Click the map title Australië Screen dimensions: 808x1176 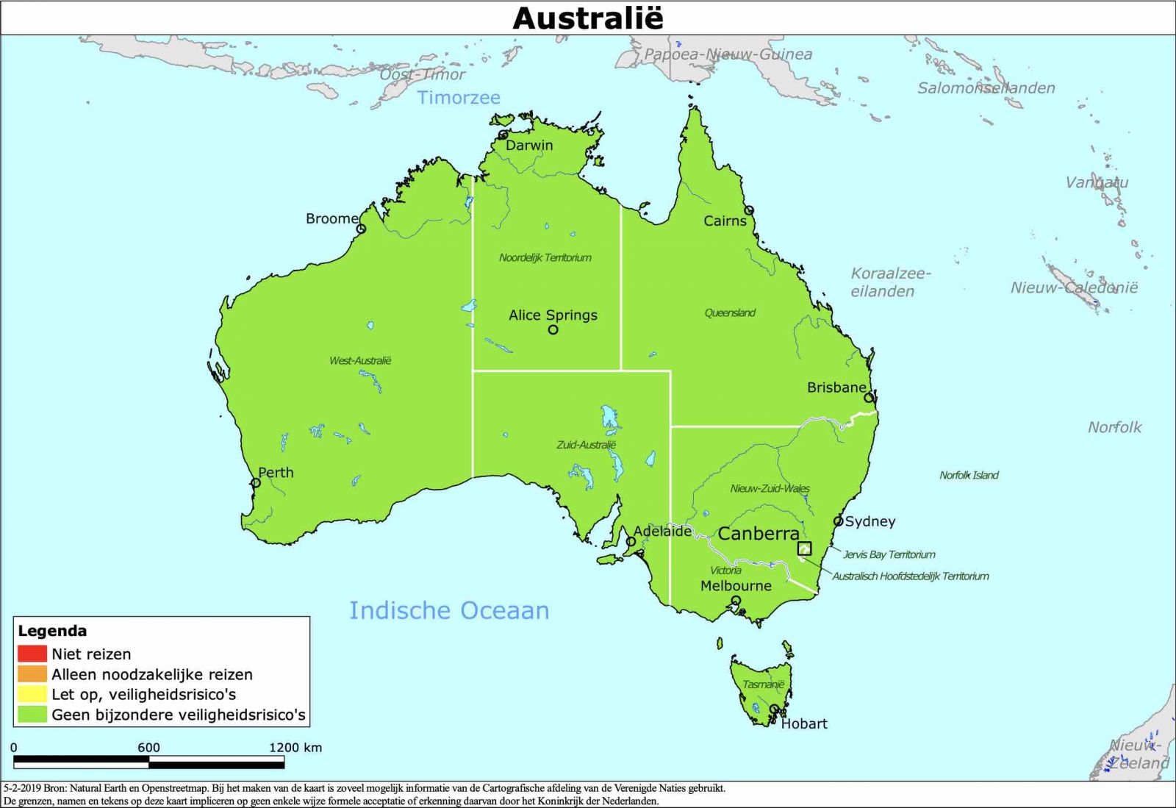point(587,18)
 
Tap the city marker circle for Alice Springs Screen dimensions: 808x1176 point(553,329)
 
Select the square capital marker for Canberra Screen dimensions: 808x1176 point(805,548)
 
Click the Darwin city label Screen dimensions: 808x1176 point(529,146)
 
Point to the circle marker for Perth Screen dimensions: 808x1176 point(256,483)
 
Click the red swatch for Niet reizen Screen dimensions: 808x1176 point(32,654)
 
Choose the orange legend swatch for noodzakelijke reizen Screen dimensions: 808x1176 point(32,673)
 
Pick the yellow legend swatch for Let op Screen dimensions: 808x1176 point(32,694)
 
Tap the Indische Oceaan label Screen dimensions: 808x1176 point(448,610)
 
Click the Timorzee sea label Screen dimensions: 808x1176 point(459,98)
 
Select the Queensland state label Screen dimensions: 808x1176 point(730,312)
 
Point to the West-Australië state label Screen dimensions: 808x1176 point(360,360)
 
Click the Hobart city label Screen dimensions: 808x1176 point(804,723)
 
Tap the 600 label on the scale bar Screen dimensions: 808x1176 point(148,747)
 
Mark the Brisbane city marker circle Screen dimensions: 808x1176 point(869,398)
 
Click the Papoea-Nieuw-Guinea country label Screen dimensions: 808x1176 point(728,54)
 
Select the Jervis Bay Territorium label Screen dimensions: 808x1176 point(889,554)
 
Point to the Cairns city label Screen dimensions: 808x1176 point(725,221)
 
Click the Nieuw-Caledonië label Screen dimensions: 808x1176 point(1074,287)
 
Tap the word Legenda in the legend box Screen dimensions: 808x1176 point(52,631)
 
